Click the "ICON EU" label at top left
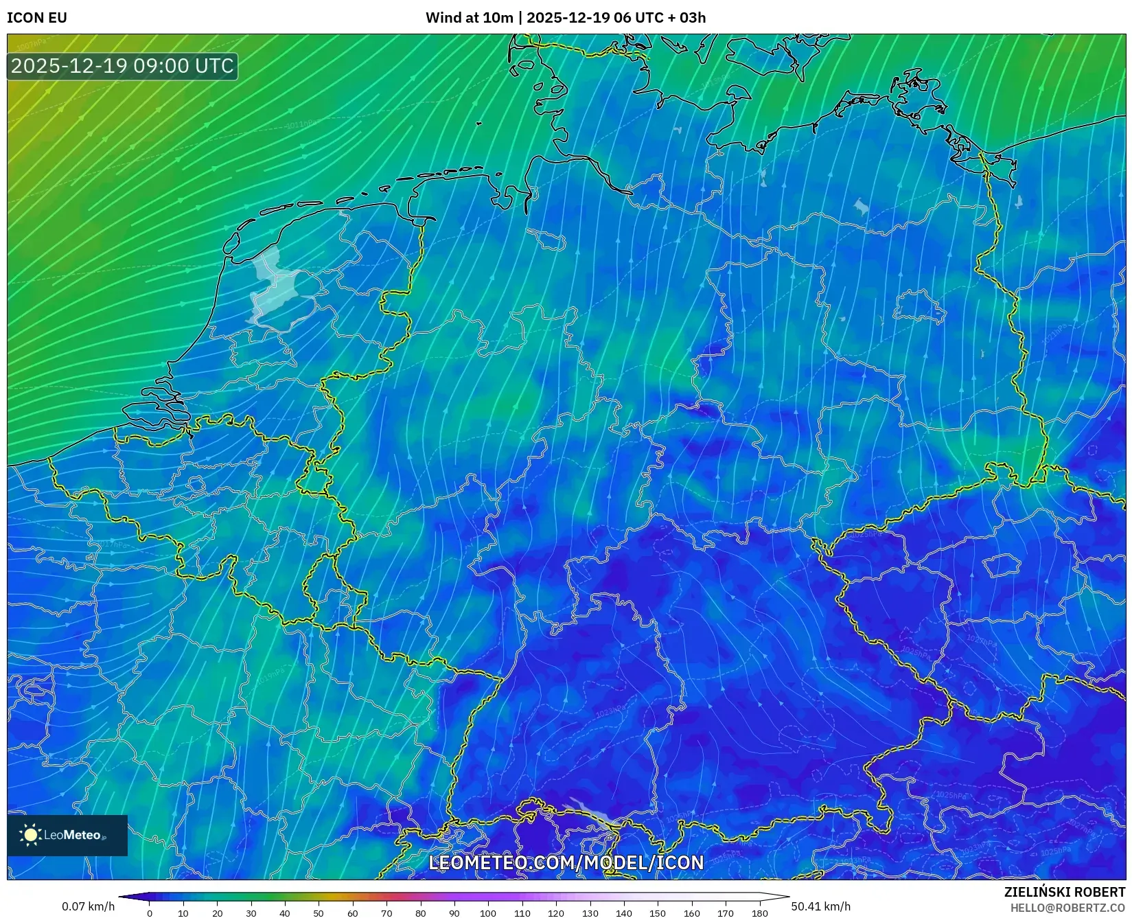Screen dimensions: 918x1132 37,18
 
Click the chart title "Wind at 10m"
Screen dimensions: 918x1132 469,18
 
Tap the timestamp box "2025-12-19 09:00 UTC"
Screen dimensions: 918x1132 123,66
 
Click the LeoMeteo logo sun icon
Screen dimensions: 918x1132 30,835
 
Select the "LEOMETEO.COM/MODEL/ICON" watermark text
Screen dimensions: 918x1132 566,863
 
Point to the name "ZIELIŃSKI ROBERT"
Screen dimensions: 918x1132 1065,892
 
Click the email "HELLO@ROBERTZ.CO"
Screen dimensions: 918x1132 1067,908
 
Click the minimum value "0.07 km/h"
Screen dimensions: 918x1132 88,906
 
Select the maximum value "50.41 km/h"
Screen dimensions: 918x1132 820,906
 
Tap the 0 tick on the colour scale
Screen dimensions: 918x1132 150,913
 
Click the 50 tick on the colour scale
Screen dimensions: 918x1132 319,913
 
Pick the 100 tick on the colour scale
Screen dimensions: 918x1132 488,913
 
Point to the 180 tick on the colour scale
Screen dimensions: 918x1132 759,913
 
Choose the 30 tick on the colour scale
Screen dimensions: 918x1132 251,913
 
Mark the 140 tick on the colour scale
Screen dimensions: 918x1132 624,913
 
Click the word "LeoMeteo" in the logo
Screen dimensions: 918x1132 72,835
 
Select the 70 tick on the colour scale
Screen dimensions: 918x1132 386,913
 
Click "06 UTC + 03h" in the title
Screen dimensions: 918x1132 659,18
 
